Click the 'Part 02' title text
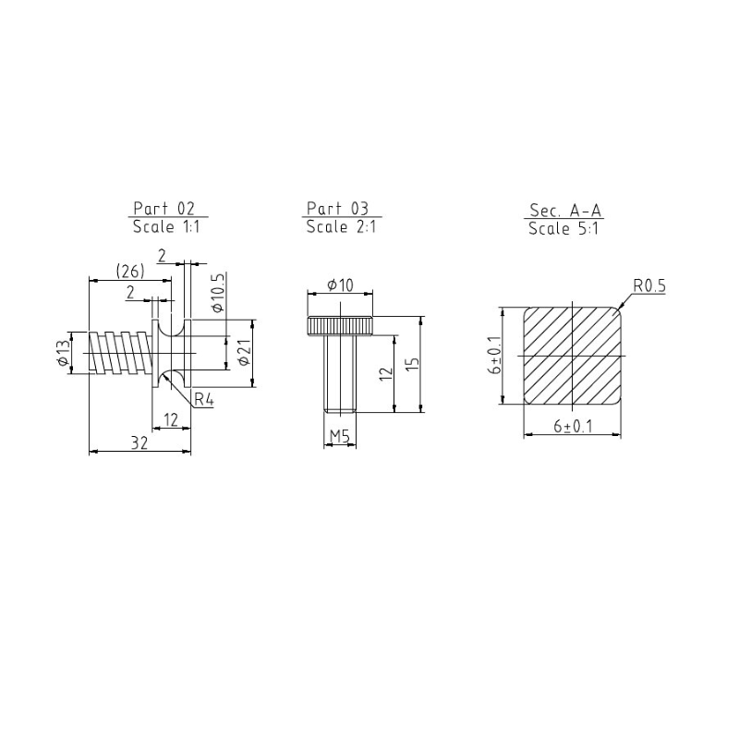164,209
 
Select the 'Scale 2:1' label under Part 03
341,226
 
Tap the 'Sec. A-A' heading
565,210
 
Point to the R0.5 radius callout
649,285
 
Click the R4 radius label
204,400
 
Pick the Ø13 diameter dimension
63,353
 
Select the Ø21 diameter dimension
244,353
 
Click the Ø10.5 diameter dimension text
218,293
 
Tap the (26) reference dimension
130,271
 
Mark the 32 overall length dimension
139,442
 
